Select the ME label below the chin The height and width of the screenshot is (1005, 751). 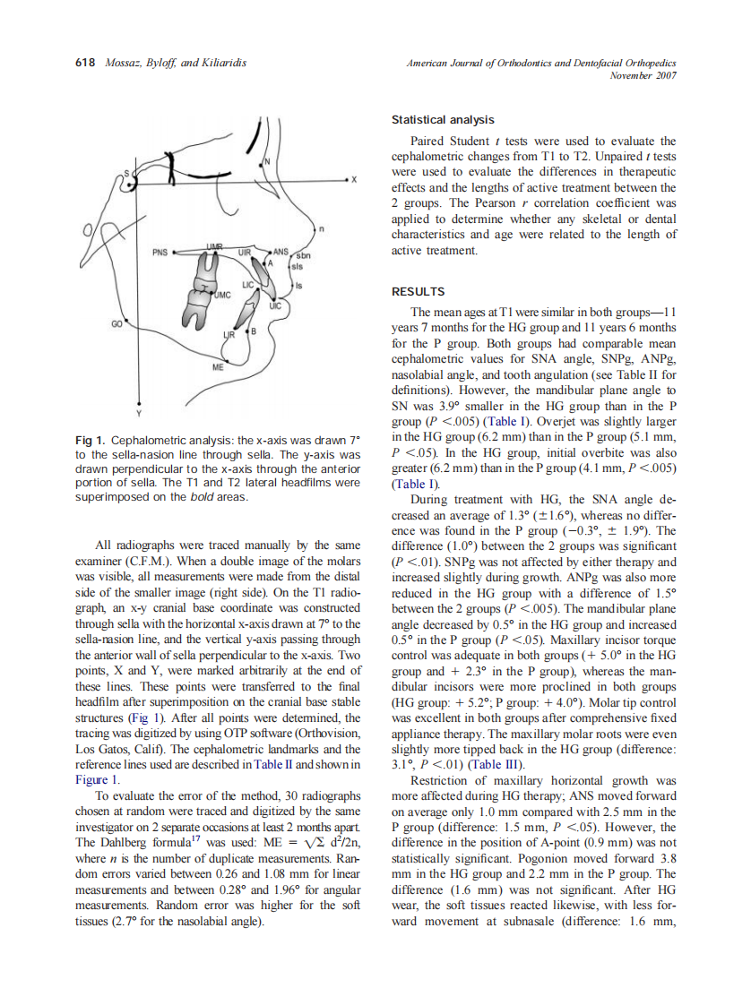coord(217,367)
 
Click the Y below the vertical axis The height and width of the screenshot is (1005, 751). coord(138,415)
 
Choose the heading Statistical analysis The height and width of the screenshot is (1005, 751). coord(442,119)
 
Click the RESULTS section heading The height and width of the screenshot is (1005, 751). coord(419,291)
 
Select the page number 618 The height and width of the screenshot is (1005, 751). coord(85,63)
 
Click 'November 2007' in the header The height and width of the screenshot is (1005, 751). coord(643,75)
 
